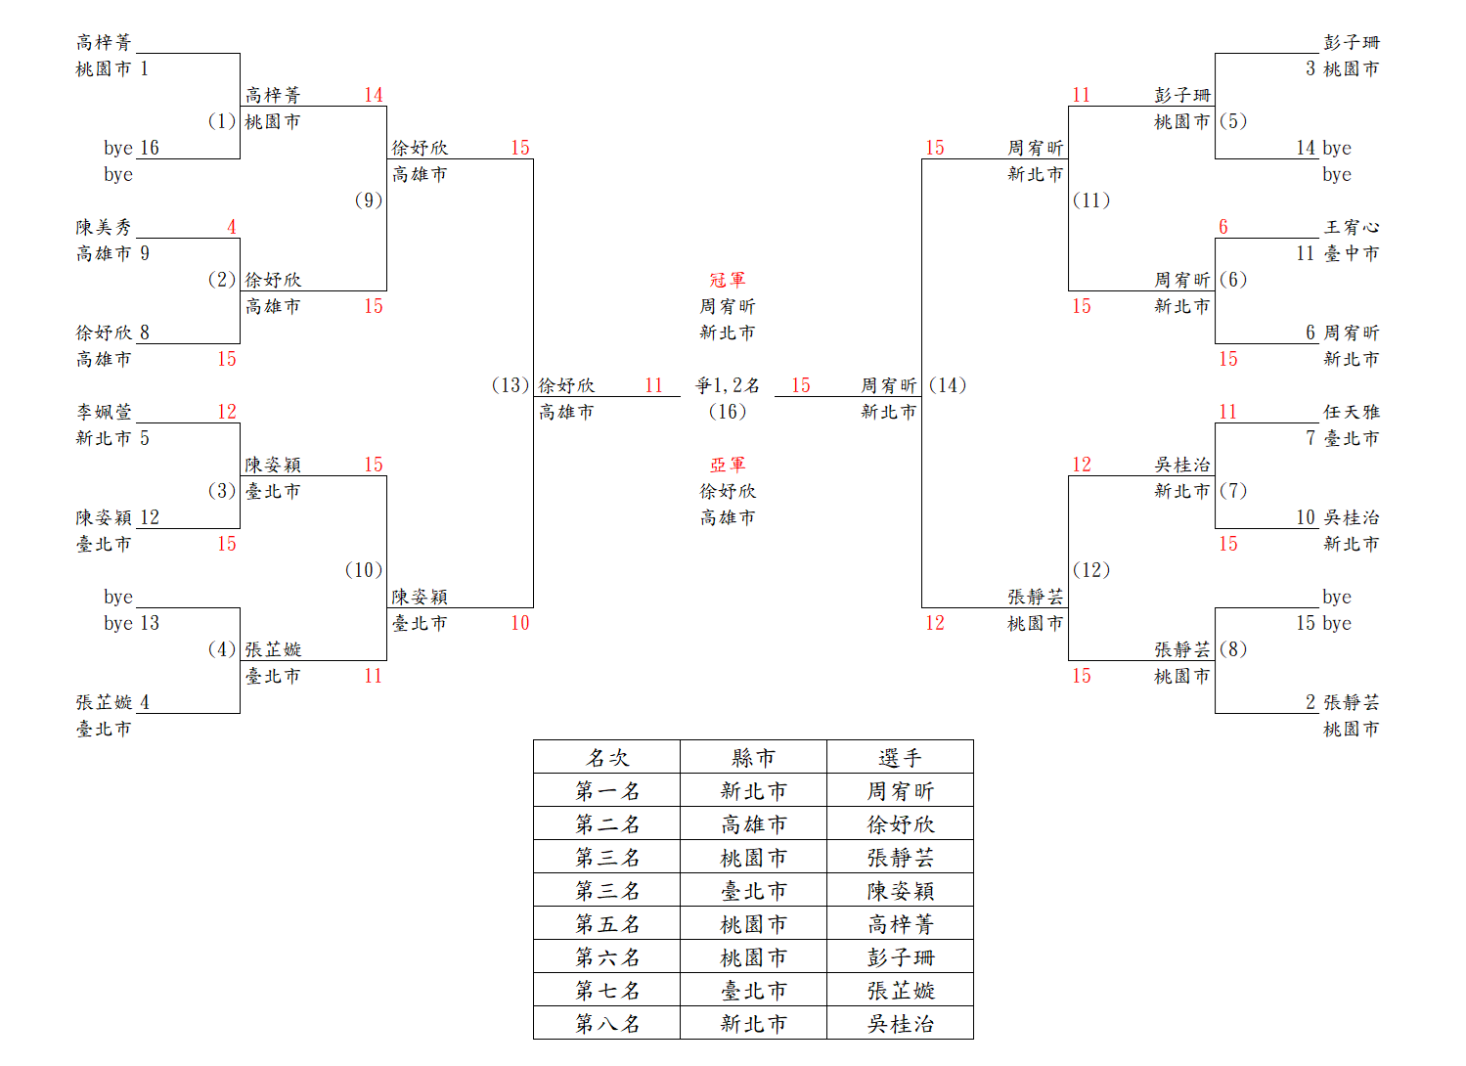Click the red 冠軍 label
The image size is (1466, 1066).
727,280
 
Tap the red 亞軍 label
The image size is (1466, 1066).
727,465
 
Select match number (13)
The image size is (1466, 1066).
510,385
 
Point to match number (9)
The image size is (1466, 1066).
368,200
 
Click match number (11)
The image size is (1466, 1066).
1091,200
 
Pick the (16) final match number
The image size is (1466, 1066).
727,412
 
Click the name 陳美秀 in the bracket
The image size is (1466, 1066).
104,227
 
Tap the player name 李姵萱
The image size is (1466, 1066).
104,412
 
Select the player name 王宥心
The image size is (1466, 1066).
1352,227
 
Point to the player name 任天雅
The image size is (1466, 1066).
1352,412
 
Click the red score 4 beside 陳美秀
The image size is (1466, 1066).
232,227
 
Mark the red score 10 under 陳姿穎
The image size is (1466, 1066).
519,623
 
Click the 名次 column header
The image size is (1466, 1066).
606,757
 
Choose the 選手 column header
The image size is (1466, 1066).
900,757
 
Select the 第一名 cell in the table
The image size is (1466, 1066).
606,790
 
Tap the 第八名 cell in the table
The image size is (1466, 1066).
606,1023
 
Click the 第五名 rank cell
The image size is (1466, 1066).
606,923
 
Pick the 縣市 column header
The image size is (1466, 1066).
753,757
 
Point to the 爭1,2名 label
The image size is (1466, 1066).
727,385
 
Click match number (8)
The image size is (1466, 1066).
1233,649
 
